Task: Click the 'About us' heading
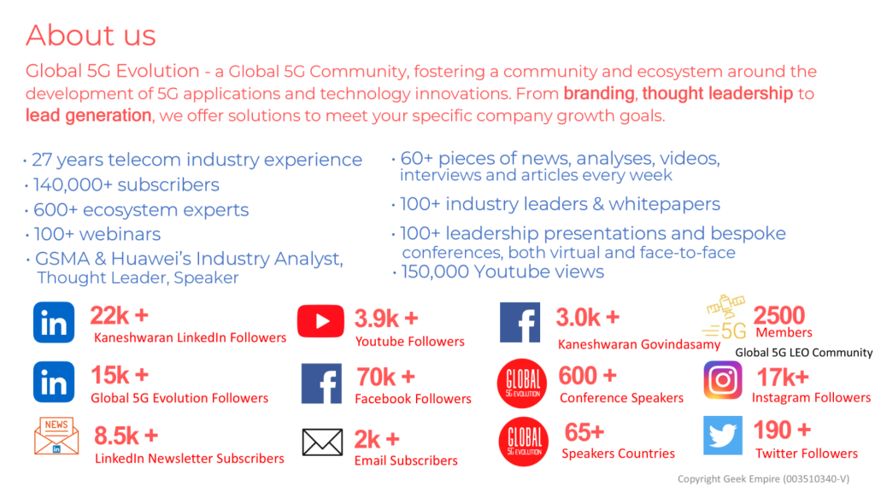91,36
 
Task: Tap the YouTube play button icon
320,321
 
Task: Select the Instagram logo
723,380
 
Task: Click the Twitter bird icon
723,435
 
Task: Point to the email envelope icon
322,442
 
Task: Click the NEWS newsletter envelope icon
56,436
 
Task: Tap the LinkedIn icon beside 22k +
54,322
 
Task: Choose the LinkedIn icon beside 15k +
54,382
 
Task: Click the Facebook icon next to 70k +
321,384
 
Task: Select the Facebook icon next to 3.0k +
520,322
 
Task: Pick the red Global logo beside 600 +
522,384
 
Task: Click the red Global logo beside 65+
524,442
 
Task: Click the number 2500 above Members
779,315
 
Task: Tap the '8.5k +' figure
126,436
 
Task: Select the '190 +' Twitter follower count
782,430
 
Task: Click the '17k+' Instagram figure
783,378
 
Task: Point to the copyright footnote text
763,478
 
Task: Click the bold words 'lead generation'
88,115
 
